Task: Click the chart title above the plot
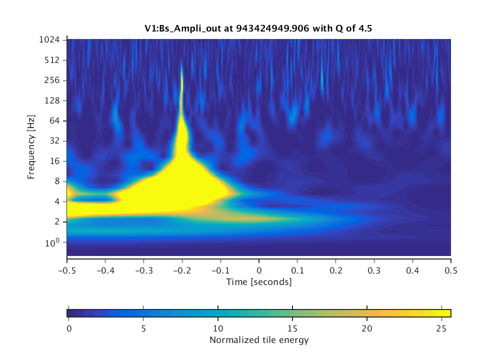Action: (258, 29)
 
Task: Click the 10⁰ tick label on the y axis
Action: (54, 242)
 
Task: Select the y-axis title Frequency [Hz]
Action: (31, 147)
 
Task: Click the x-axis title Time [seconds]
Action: (258, 282)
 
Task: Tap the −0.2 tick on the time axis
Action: (182, 269)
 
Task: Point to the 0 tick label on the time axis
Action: (259, 269)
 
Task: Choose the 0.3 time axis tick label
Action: (374, 269)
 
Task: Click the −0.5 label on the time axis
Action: (67, 269)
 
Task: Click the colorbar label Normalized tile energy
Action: (259, 340)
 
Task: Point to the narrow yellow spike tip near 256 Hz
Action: (181, 75)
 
